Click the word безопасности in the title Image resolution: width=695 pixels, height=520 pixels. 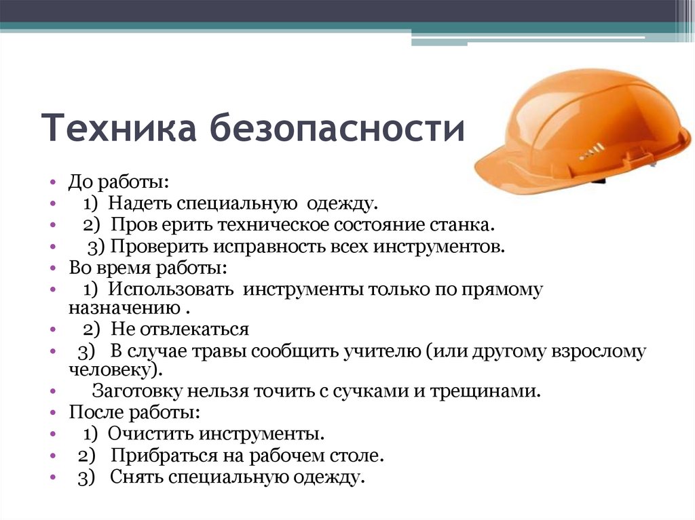point(337,129)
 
